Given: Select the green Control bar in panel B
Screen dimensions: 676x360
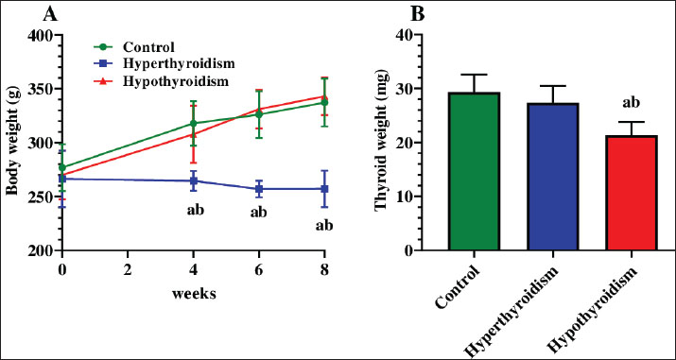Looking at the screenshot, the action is point(474,171).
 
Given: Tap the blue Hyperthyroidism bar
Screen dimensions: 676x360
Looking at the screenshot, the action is point(553,177).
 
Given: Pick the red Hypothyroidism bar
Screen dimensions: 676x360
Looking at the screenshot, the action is point(632,193).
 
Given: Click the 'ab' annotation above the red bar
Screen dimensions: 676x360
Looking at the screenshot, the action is point(632,102).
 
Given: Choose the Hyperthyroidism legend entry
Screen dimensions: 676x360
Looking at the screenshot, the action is point(165,63).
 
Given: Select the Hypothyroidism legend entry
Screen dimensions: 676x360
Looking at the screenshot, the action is point(162,81).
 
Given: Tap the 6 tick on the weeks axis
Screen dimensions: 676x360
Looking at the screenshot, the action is point(259,270).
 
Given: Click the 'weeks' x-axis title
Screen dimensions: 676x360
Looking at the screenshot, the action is point(194,294).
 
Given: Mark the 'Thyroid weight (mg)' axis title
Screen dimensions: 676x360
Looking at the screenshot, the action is point(382,143).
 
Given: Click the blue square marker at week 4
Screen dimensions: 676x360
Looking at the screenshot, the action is point(194,180).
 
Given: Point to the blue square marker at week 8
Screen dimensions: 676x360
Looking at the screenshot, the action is point(324,189).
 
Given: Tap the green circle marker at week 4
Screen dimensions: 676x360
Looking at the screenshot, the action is point(194,124).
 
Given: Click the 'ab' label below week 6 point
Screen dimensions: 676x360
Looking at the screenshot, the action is point(259,213).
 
